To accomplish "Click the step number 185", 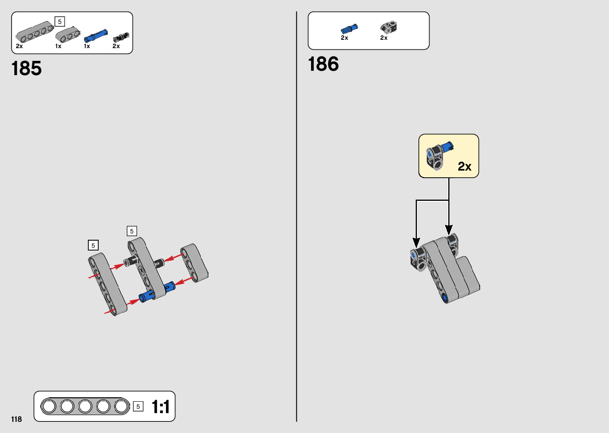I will [x=27, y=68].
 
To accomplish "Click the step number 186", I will [x=323, y=64].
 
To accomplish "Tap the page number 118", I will [x=17, y=419].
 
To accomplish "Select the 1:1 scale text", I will [x=161, y=407].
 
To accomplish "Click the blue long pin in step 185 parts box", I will [x=95, y=36].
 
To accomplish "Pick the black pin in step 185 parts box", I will [x=121, y=37].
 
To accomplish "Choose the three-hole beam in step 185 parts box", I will [x=68, y=35].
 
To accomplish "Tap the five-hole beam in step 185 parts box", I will [x=35, y=34].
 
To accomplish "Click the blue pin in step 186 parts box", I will [x=349, y=29].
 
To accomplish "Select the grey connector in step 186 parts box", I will [x=389, y=27].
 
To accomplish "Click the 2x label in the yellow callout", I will [x=464, y=166].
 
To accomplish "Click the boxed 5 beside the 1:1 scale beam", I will [x=138, y=406].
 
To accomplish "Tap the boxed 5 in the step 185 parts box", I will [x=60, y=21].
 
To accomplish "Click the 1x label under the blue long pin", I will [x=87, y=46].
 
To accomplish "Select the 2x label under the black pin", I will [x=116, y=46].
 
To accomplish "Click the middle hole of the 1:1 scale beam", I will [x=86, y=406].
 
